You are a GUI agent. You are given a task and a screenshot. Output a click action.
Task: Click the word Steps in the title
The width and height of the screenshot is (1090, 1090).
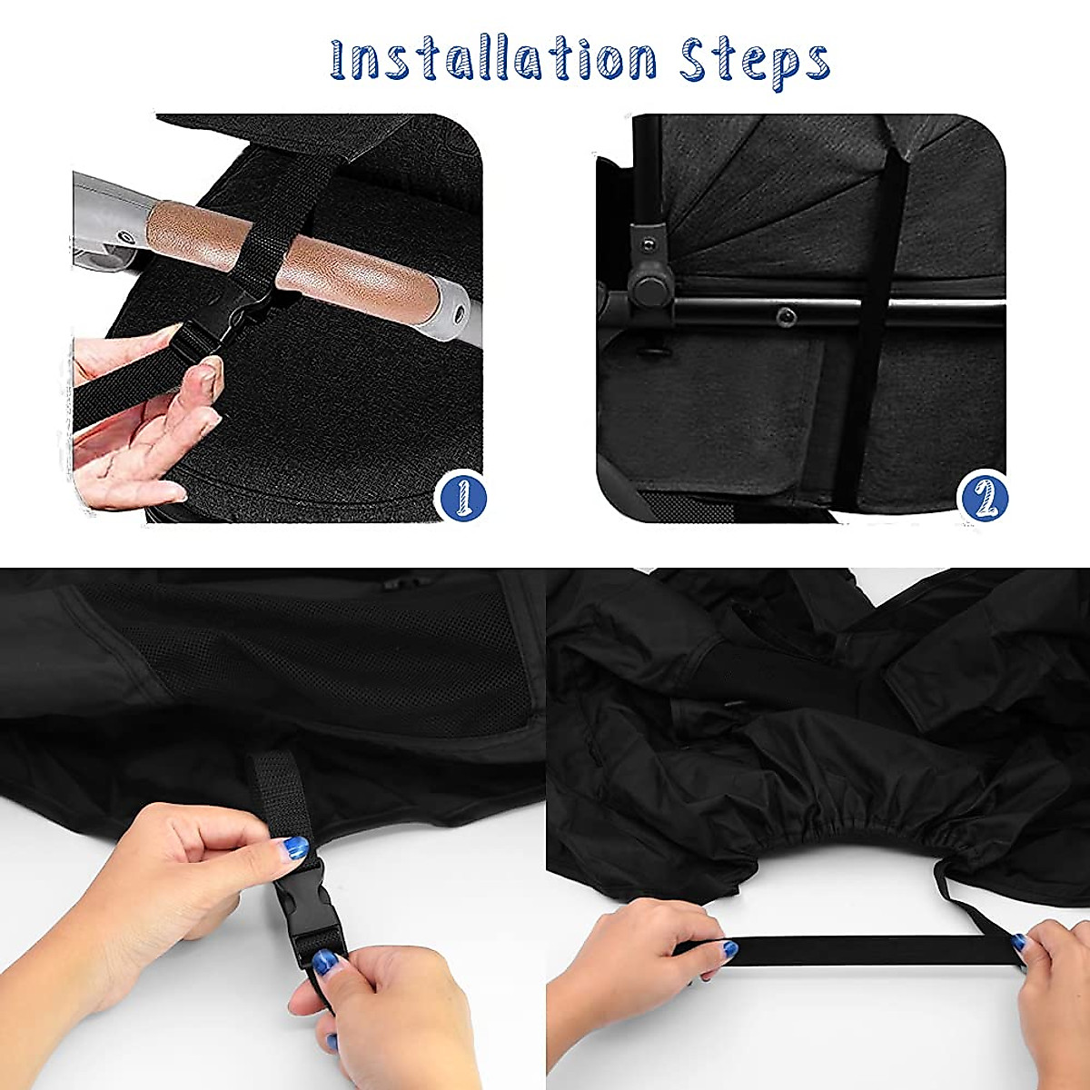coord(755,59)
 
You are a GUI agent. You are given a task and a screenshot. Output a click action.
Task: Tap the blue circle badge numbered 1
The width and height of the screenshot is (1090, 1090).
coord(461,497)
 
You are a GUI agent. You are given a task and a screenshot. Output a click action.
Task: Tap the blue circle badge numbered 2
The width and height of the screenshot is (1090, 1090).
coord(982,497)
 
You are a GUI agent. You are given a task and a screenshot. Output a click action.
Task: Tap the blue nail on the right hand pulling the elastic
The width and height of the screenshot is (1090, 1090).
coord(1019,945)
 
